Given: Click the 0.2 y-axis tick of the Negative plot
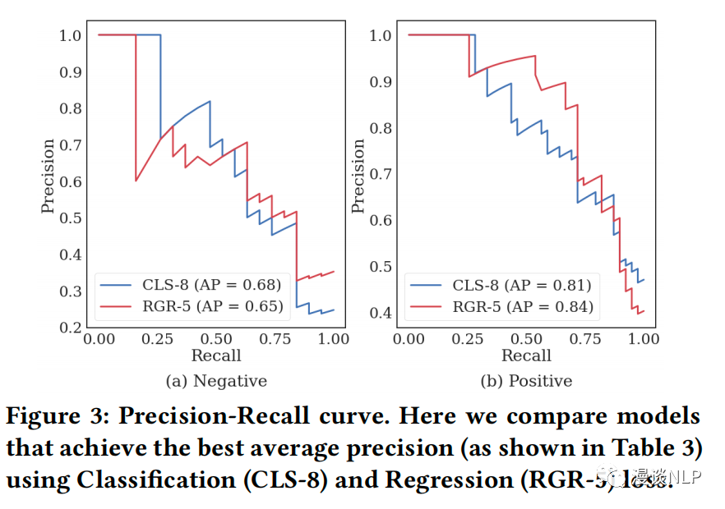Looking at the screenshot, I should point(70,328).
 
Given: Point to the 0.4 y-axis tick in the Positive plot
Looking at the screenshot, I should point(381,313).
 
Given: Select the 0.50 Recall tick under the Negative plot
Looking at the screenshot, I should point(216,339).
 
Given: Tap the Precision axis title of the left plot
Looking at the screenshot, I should point(48,177).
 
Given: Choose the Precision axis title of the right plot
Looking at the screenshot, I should point(358,177).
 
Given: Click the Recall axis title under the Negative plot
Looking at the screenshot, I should point(216,355).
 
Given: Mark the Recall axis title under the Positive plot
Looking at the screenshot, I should point(526,355).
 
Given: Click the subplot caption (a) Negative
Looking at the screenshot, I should point(217,381).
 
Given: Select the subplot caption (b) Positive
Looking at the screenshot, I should point(527,381).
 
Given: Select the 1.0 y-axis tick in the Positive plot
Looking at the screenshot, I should point(381,35).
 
